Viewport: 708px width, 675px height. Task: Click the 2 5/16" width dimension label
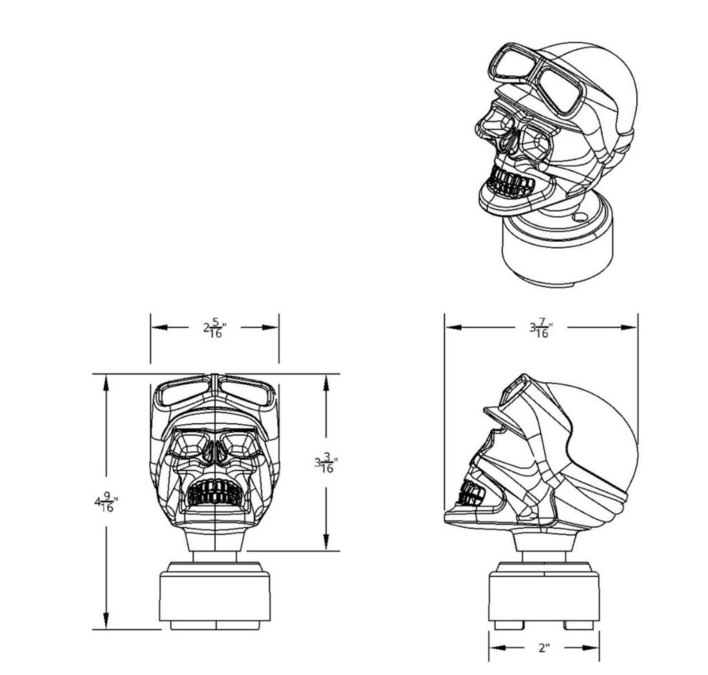coord(214,328)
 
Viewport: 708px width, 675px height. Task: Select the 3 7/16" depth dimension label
coord(541,328)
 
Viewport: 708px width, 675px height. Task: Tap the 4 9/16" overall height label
coord(106,502)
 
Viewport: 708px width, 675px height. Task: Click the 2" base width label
coord(544,648)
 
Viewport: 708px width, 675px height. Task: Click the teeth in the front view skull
coord(215,492)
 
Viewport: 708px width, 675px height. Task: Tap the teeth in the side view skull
coord(472,493)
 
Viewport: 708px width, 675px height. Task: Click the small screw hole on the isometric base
coord(580,218)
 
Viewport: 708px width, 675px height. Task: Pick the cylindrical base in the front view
coord(215,596)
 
